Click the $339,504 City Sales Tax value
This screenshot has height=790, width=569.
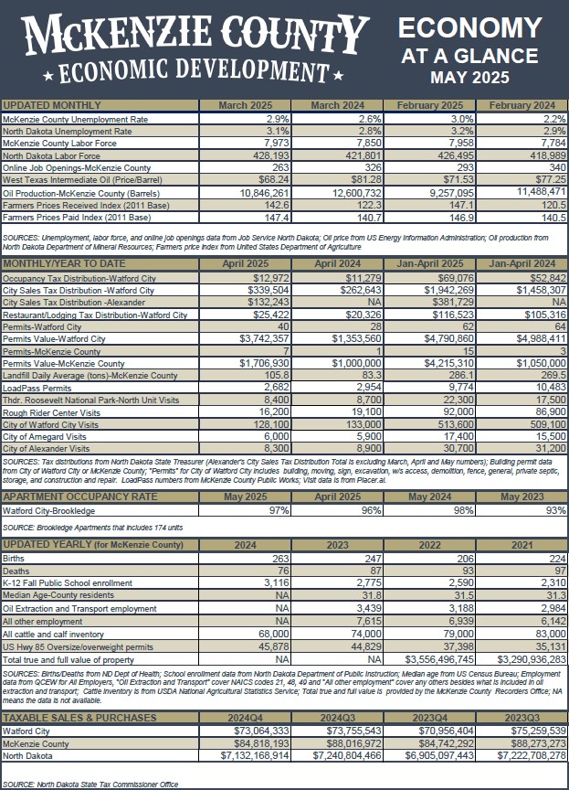[x=264, y=290]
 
